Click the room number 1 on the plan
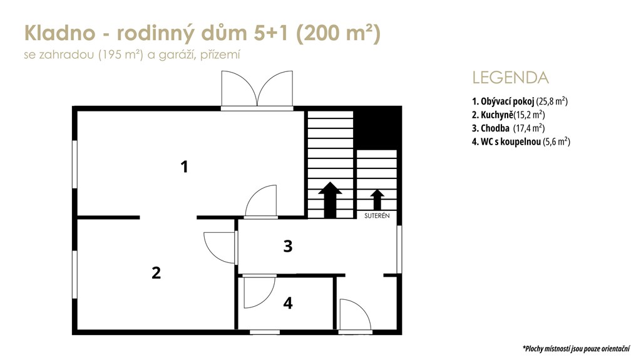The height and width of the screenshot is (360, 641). tap(185, 167)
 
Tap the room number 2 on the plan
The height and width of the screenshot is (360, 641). tap(156, 273)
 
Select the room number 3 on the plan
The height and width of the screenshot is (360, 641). tap(288, 246)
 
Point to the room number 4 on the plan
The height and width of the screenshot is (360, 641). tap(288, 303)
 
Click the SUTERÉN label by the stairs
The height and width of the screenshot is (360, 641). tap(377, 215)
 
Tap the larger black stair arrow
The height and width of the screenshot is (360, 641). tap(330, 200)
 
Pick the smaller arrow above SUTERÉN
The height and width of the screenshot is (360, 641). tap(377, 200)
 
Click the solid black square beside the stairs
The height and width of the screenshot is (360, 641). tap(376, 127)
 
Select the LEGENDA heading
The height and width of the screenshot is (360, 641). tap(510, 78)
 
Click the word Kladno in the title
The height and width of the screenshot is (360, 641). tap(59, 33)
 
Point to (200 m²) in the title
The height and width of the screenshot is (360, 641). tap(338, 33)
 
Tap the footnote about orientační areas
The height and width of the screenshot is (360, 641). tap(576, 349)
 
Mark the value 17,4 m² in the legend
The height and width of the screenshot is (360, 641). tap(529, 128)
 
